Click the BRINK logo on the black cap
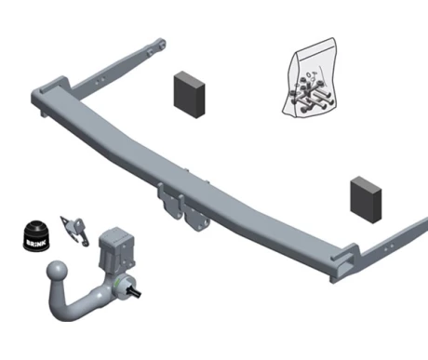(x=36, y=243)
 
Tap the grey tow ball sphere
(x=58, y=271)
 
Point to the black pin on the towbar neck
(x=135, y=292)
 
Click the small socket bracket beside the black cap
(x=74, y=231)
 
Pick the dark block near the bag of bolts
(x=189, y=95)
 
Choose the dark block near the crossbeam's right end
(x=366, y=200)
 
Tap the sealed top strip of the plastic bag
(x=314, y=47)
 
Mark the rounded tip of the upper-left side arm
(x=161, y=44)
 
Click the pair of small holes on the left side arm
(x=100, y=80)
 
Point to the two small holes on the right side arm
(x=389, y=247)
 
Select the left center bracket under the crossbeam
(x=169, y=202)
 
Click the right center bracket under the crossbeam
(x=196, y=218)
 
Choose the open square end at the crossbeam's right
(x=343, y=266)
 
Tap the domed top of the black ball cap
(x=36, y=227)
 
